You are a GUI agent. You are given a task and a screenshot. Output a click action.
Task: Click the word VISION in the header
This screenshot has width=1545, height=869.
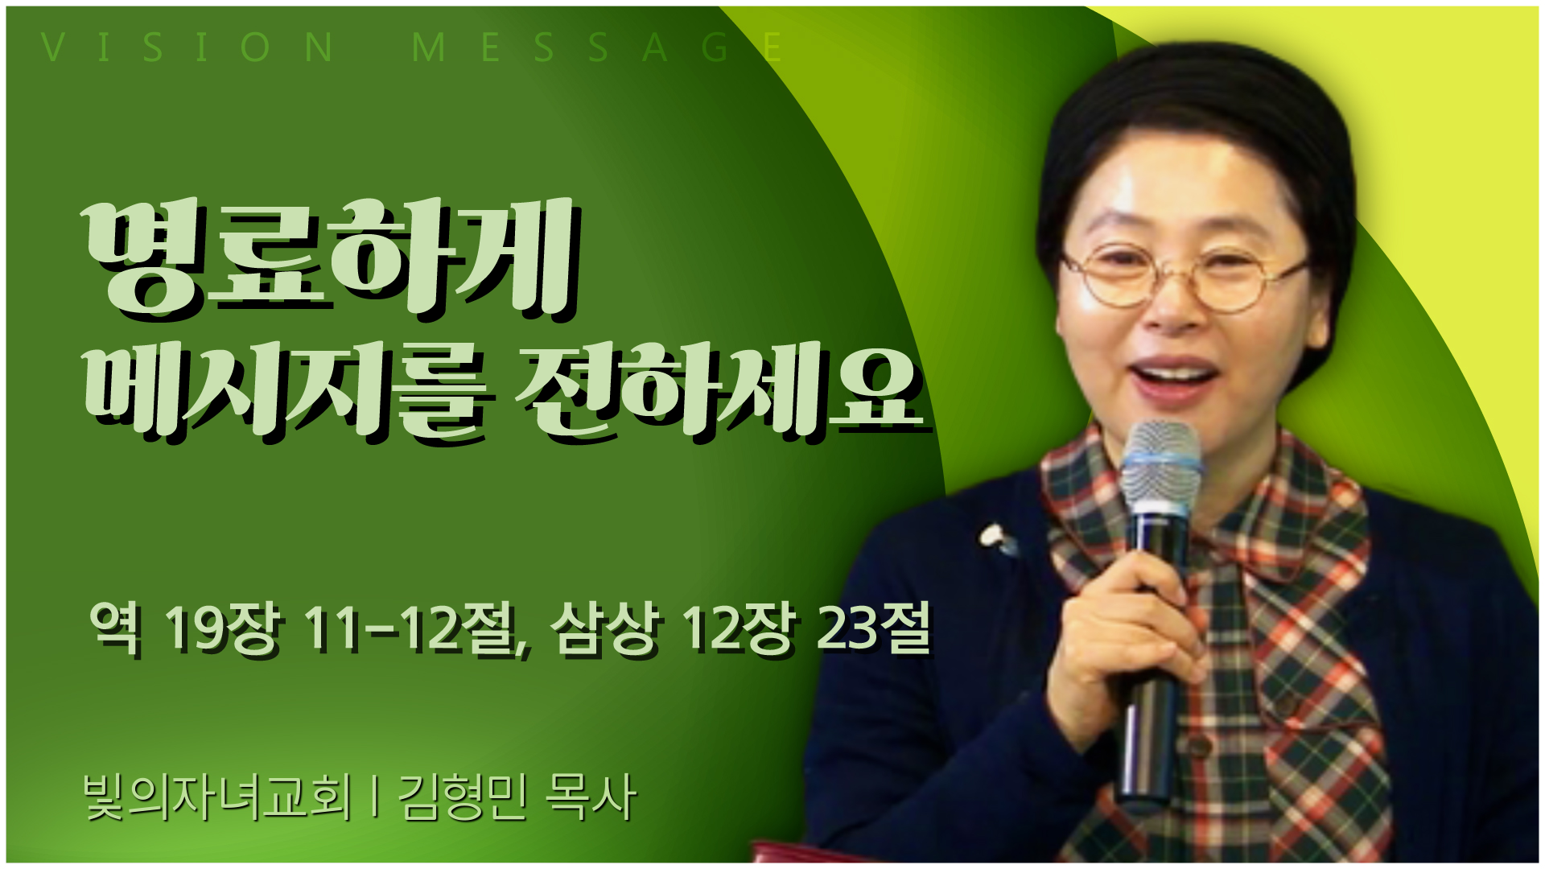pos(187,47)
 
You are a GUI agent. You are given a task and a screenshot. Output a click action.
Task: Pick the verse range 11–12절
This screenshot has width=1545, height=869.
pos(415,629)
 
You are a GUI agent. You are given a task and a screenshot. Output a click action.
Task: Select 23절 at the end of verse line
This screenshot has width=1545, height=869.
pos(874,628)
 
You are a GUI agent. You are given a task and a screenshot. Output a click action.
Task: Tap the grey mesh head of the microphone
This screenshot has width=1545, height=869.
pos(1160,467)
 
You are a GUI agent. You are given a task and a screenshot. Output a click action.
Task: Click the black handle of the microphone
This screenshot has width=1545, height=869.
pos(1152,652)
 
